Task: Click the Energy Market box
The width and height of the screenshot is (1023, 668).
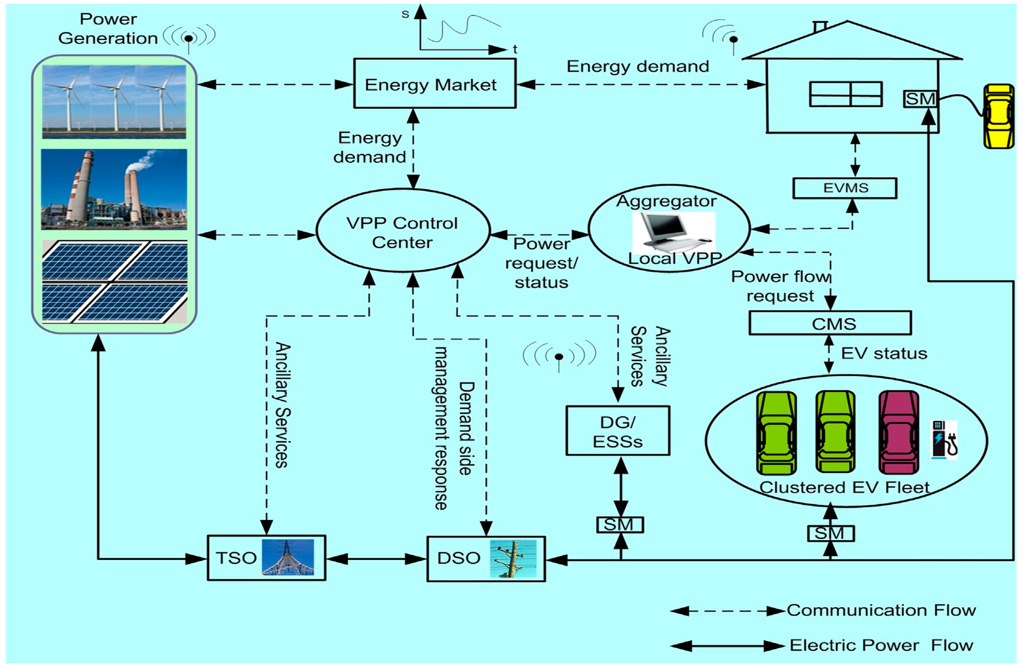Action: click(434, 84)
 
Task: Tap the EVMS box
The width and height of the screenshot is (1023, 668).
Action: click(845, 188)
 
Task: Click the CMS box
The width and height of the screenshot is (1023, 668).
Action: click(830, 323)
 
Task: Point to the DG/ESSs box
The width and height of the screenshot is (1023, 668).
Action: click(618, 431)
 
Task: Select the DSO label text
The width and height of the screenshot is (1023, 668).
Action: click(458, 558)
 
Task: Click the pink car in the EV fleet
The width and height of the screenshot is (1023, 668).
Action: click(898, 432)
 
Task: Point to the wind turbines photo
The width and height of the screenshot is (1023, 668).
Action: click(114, 102)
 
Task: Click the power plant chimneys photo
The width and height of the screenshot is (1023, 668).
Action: click(114, 189)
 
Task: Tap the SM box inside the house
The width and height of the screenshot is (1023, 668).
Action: click(920, 99)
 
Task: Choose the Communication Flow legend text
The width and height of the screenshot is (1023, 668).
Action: click(881, 610)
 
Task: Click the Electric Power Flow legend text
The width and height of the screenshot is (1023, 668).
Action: click(881, 646)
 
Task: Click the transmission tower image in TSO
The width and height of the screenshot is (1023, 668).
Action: click(288, 557)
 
